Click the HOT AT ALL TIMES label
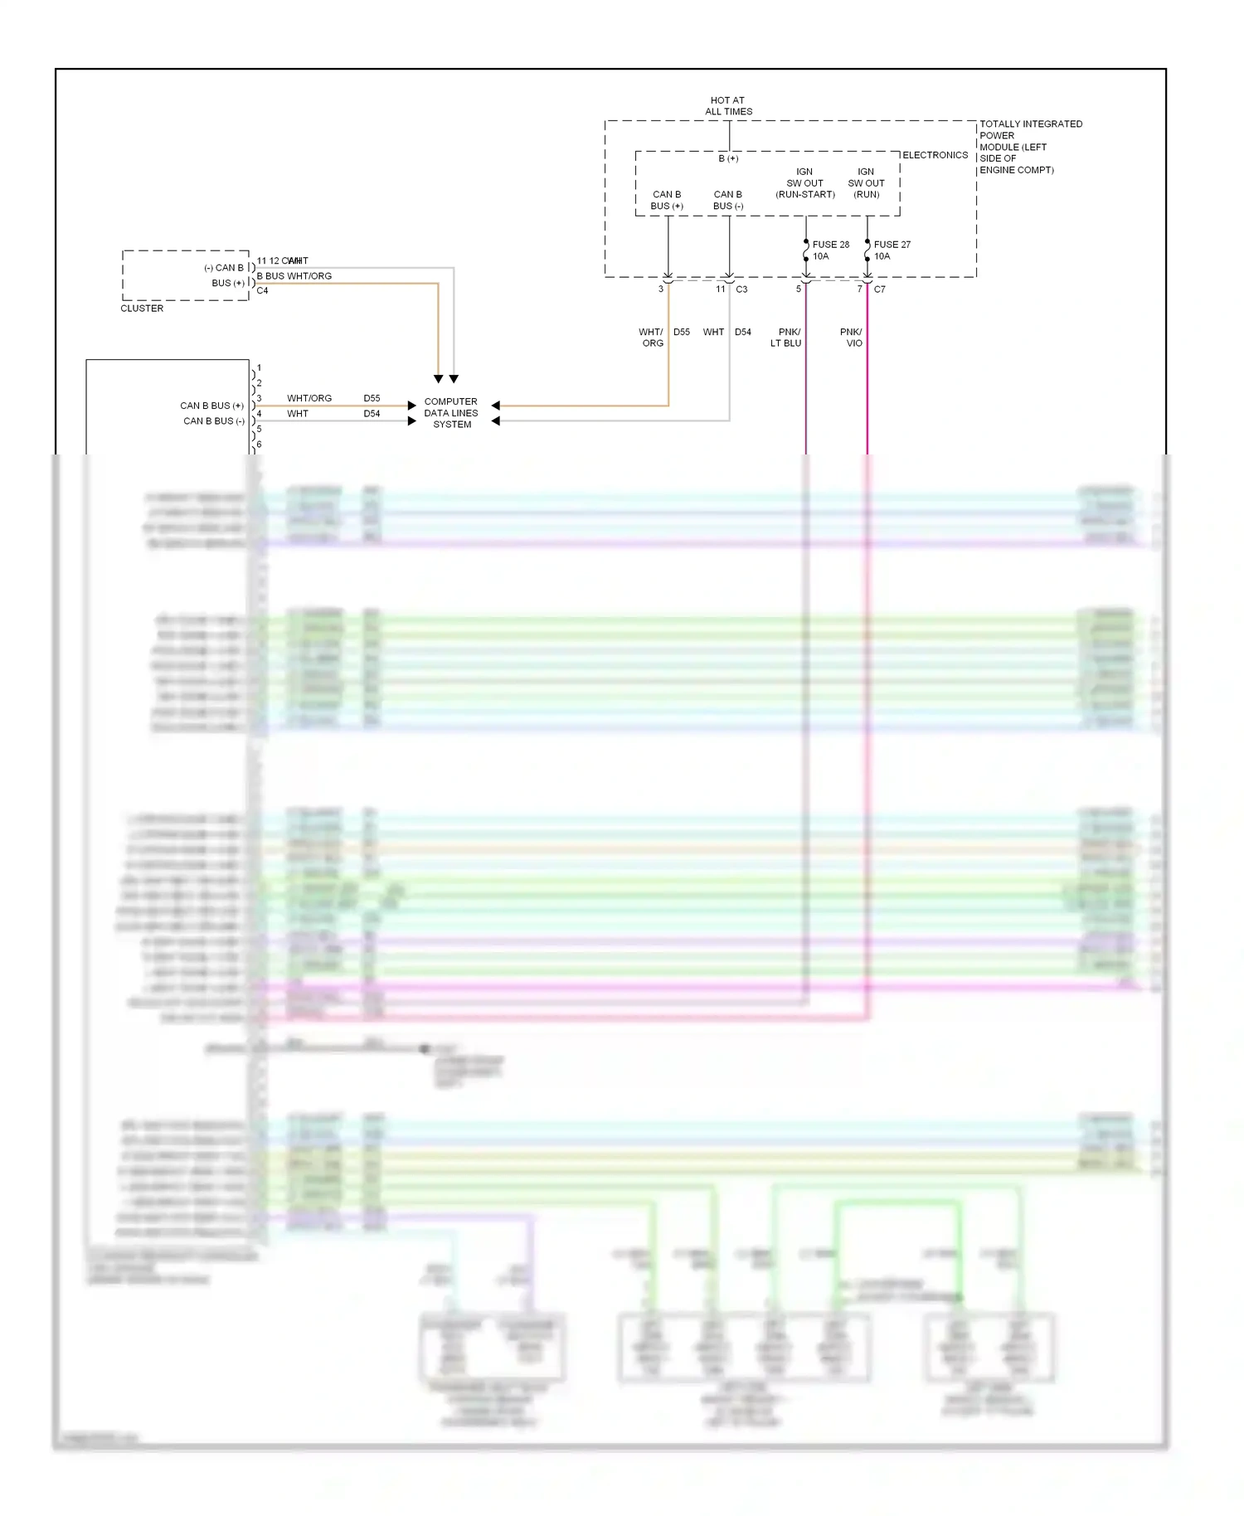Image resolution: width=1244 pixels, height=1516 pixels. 728,105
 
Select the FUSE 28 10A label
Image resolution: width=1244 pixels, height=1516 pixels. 829,250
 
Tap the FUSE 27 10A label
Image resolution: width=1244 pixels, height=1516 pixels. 891,250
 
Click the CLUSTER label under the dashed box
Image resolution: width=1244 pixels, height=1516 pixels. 142,308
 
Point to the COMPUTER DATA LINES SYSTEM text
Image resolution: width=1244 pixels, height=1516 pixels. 451,412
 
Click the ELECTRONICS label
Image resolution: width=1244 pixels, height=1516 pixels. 935,155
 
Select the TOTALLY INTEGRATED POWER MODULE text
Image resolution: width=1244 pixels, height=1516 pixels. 1029,147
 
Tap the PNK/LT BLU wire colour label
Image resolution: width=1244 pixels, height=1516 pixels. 785,337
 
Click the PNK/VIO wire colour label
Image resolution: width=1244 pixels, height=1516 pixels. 851,337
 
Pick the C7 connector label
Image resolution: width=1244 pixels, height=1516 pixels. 879,289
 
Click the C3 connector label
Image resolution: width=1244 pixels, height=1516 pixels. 741,289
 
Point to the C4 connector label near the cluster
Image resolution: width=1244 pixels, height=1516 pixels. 262,290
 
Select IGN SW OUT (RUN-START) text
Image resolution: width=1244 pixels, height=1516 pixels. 804,183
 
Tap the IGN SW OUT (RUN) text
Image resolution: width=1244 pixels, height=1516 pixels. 866,183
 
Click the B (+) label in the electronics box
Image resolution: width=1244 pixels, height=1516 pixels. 728,158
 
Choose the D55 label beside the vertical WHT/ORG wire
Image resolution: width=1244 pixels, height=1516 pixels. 682,332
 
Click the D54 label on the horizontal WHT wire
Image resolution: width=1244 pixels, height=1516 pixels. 372,413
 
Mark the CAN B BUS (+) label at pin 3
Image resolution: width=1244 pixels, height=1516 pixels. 211,406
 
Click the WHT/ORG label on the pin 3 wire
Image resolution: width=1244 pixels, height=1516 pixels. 309,398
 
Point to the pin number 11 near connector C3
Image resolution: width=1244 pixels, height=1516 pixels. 721,289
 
